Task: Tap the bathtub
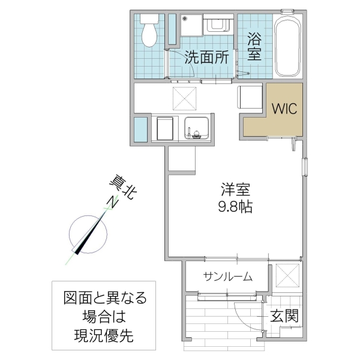pos(288,47)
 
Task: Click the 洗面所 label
pos(206,58)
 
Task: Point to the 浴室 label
pos(254,46)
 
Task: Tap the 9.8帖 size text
pos(235,208)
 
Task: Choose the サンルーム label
pos(227,277)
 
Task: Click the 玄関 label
pos(284,316)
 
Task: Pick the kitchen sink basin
pos(197,127)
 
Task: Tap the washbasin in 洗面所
pos(218,26)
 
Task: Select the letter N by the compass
pos(112,203)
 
